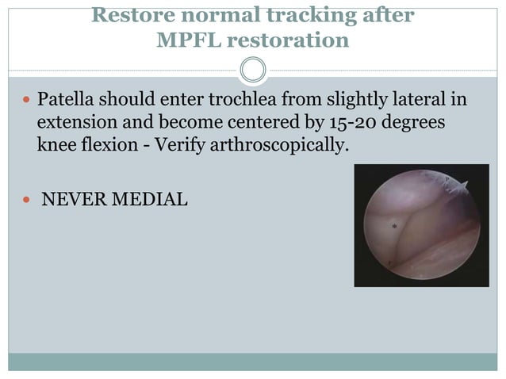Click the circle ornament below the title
(253, 71)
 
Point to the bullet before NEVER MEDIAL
(26, 200)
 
